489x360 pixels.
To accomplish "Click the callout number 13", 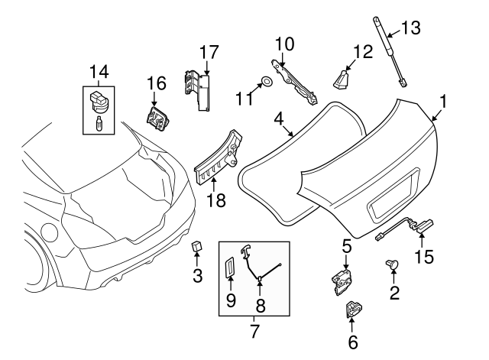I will [x=410, y=29].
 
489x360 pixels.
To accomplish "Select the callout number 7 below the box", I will [x=254, y=332].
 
